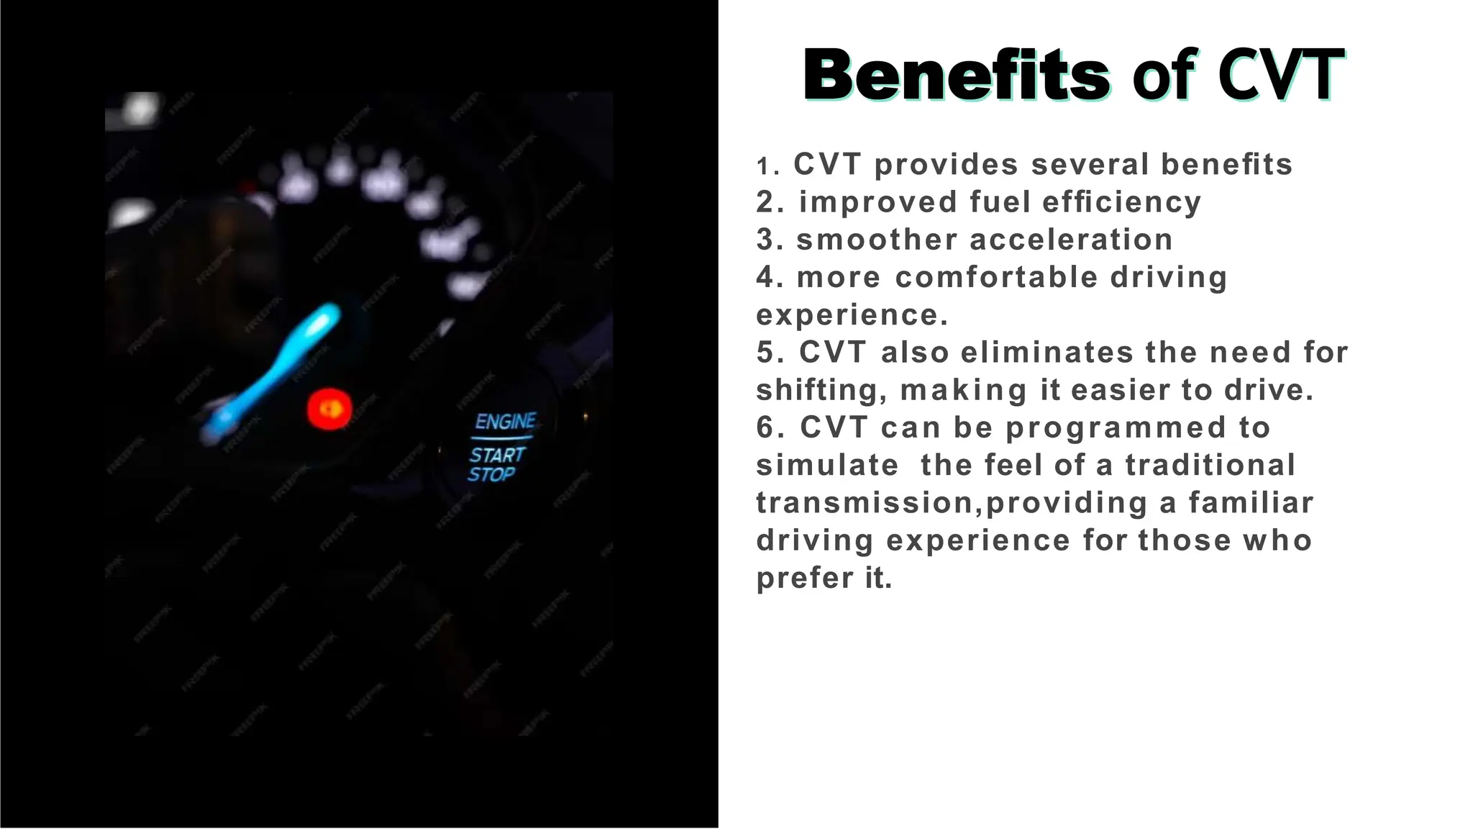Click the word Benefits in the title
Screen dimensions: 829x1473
(957, 76)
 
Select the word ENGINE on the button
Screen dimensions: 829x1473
(506, 421)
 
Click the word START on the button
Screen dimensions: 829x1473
(497, 455)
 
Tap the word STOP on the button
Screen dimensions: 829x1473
(491, 474)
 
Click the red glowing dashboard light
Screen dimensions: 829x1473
(329, 409)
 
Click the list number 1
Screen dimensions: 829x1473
(764, 167)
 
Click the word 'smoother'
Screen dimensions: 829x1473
(877, 240)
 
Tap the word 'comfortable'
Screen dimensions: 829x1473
(996, 277)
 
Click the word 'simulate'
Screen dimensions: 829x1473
(827, 465)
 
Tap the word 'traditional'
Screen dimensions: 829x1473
(1210, 465)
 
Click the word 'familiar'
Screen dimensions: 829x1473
(1251, 502)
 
